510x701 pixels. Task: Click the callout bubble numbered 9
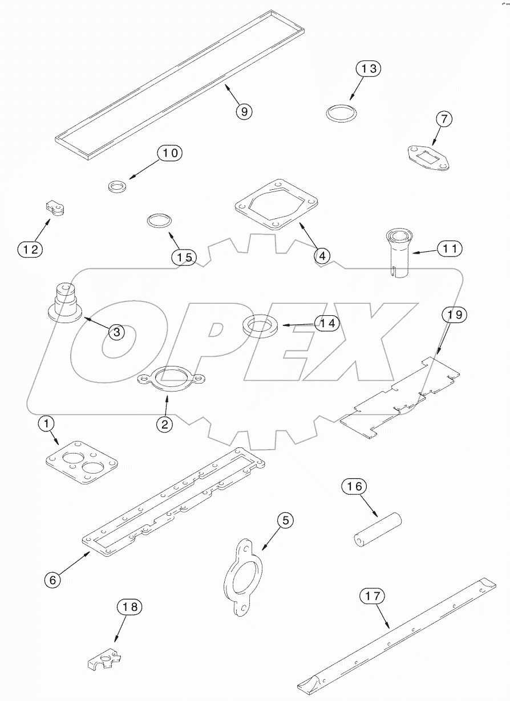(x=244, y=111)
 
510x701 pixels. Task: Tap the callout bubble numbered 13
(x=369, y=69)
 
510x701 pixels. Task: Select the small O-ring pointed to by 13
(x=342, y=112)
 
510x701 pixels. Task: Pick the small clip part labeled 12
(x=55, y=209)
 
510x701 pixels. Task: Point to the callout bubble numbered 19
(x=453, y=314)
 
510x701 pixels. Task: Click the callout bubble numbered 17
(x=372, y=596)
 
